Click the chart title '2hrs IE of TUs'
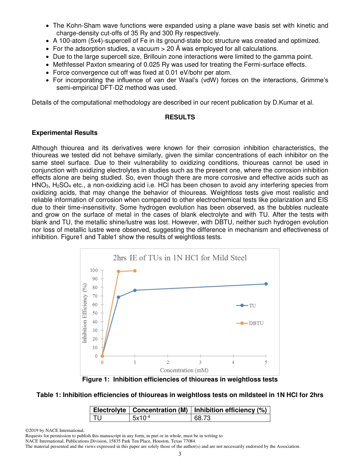[x=180, y=258]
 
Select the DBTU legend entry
[x=250, y=323]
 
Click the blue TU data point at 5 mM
[x=266, y=284]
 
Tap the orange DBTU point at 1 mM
[x=135, y=271]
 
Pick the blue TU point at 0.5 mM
[x=119, y=297]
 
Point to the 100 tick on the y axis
[x=94, y=271]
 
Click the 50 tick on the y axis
[x=95, y=313]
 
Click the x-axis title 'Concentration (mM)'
[x=184, y=370]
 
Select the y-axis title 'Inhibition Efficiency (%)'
[x=85, y=313]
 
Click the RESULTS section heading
[x=180, y=117]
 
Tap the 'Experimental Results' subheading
[x=64, y=133]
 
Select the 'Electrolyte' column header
[x=110, y=410]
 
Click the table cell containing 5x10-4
[x=141, y=418]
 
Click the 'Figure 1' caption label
[x=96, y=380]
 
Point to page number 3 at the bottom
[x=180, y=454]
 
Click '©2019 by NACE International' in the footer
[x=54, y=430]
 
